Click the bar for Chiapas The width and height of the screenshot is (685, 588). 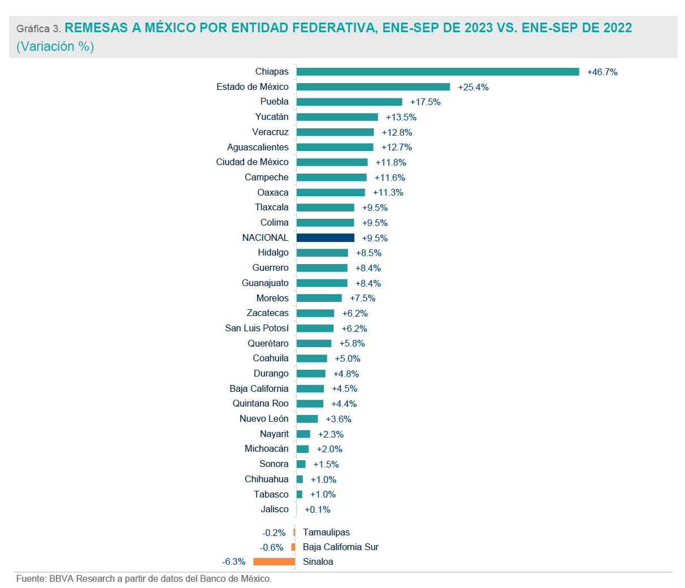tap(437, 72)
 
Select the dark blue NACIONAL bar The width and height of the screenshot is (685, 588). tap(325, 238)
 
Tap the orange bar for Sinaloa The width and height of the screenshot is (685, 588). tap(274, 561)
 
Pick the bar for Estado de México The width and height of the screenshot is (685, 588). tap(373, 87)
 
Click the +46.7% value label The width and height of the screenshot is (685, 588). tap(602, 72)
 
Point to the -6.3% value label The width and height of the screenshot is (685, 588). tap(234, 562)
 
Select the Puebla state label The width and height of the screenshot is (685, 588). tap(274, 102)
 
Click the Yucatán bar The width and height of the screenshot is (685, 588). tap(337, 117)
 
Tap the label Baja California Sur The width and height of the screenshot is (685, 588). tap(340, 547)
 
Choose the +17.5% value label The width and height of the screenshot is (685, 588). tap(425, 102)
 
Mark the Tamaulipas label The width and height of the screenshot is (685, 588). tap(326, 532)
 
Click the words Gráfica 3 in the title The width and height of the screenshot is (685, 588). tap(38, 29)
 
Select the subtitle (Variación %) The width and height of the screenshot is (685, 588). tap(55, 46)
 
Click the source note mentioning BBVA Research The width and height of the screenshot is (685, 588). tap(144, 579)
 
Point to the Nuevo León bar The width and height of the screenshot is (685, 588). tap(307, 419)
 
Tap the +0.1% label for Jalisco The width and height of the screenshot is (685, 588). tap(317, 509)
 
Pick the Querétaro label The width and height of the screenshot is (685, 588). tap(268, 343)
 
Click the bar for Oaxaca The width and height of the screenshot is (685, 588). tap(331, 193)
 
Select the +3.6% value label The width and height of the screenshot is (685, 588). tap(339, 419)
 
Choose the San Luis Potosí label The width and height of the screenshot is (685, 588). tap(257, 328)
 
